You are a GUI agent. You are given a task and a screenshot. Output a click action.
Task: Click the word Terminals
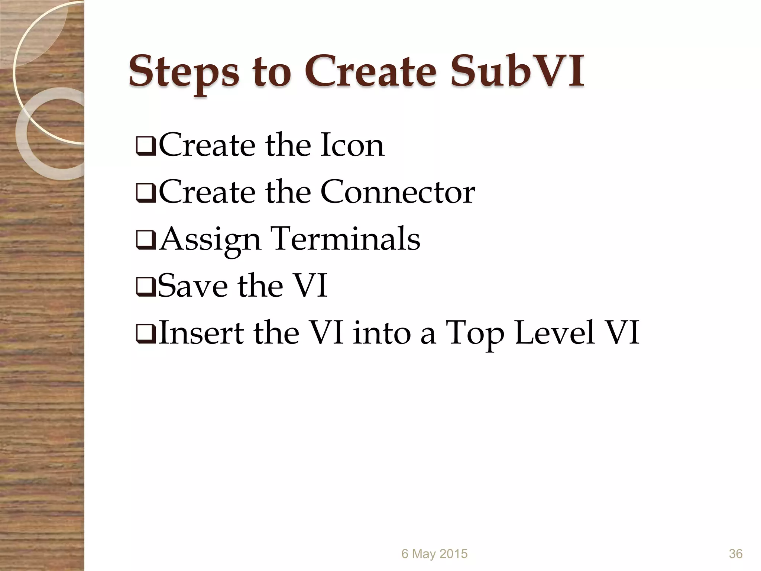coord(346,239)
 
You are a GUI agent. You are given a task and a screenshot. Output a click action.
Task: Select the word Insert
coord(201,332)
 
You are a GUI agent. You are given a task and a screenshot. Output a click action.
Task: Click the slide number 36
coord(735,554)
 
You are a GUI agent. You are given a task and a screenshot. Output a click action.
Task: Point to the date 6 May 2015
coord(434,554)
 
